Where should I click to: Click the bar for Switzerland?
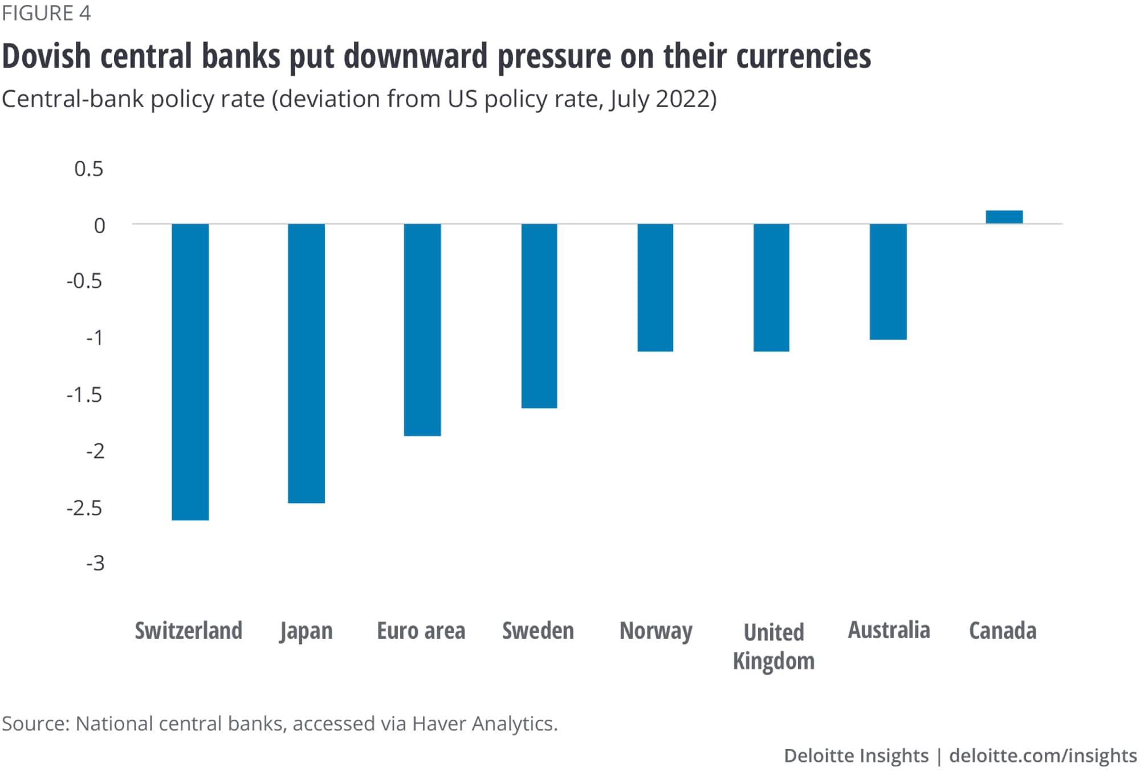click(190, 372)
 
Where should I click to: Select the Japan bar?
click(306, 363)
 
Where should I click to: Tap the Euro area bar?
click(422, 329)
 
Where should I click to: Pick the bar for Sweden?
click(539, 316)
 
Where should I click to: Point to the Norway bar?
click(655, 287)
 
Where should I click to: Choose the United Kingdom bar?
click(771, 287)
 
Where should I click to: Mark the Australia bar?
click(888, 282)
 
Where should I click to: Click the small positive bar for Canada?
click(1004, 217)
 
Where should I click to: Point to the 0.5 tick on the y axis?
click(89, 169)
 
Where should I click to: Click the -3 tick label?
click(95, 563)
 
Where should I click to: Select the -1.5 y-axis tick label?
click(84, 394)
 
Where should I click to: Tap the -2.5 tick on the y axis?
click(84, 507)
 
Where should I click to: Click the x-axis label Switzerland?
click(189, 631)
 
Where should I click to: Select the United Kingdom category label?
click(773, 646)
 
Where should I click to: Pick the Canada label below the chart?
click(1003, 631)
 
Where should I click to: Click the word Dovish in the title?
click(47, 56)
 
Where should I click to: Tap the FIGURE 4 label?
click(46, 13)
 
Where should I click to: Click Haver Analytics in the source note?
click(484, 723)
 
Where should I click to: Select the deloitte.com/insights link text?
click(1043, 756)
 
